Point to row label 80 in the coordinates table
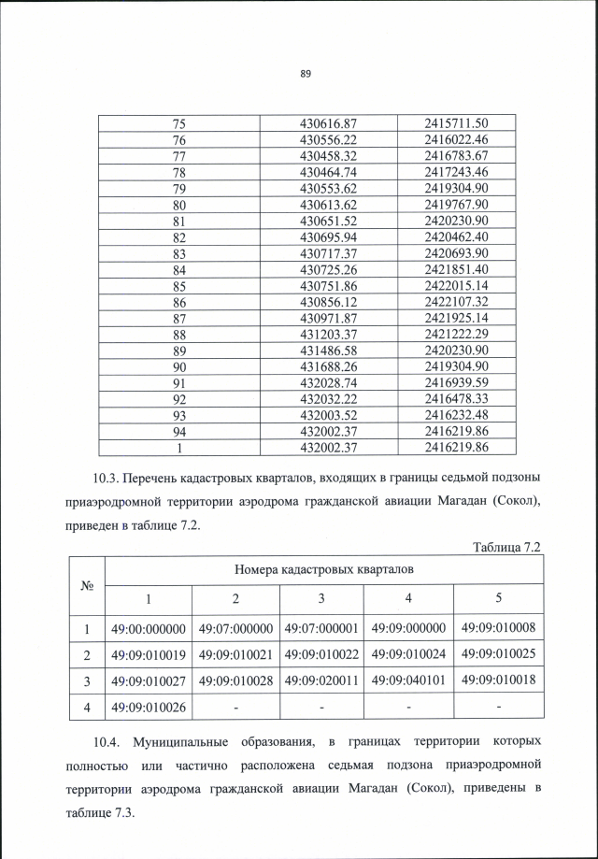pos(180,204)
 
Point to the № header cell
pos(86,585)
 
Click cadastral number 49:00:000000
pos(149,628)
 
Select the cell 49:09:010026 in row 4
pos(149,707)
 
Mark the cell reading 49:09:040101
pos(409,680)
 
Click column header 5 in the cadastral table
pos(498,598)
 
